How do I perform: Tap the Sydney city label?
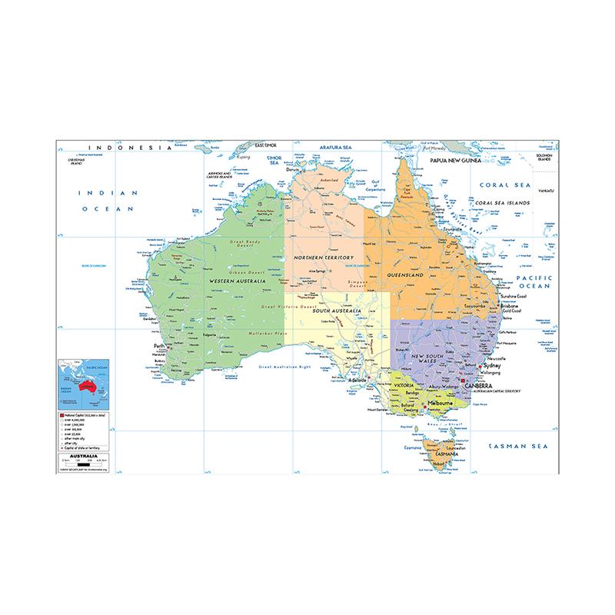[x=494, y=367]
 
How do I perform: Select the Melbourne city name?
[x=442, y=404]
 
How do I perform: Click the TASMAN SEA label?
[x=520, y=446]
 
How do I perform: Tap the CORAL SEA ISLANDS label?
[x=504, y=203]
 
